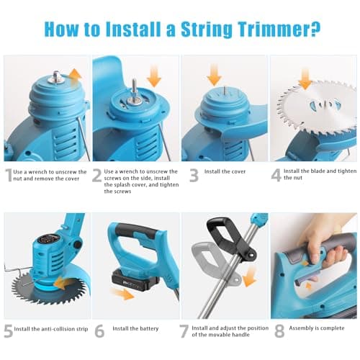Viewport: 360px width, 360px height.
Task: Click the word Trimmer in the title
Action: coord(274,30)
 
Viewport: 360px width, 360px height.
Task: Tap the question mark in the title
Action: coord(315,29)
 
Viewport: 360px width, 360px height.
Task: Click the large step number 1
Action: coord(9,175)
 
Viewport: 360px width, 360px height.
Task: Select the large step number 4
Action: coord(276,175)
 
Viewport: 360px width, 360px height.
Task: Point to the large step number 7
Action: coord(184,331)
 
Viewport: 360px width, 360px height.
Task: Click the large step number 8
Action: coord(279,331)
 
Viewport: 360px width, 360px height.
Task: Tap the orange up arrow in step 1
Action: coord(75,77)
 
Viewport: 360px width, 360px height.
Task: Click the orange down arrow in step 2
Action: coord(154,77)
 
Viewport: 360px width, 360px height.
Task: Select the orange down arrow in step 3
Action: coord(214,75)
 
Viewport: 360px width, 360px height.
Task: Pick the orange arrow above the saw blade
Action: coord(305,79)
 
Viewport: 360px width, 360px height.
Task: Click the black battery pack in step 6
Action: coord(135,279)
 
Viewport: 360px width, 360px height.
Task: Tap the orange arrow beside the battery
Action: coord(122,294)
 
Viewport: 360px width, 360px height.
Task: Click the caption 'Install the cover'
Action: coord(225,171)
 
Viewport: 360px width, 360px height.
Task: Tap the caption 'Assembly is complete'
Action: coord(317,328)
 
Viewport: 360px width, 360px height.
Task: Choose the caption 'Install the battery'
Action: coord(135,328)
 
